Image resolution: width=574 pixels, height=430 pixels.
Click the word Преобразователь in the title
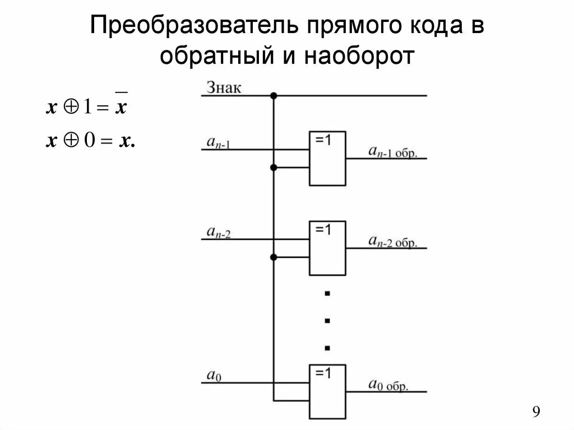pos(190,27)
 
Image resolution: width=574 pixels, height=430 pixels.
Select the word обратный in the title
pos(220,57)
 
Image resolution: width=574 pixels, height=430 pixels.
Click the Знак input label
pos(224,88)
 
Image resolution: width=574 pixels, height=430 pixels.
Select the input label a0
pos(214,377)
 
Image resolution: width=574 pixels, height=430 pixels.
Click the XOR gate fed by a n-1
pos(327,158)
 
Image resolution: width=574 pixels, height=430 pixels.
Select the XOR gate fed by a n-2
pos(327,247)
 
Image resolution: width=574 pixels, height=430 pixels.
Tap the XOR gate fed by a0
pos(327,391)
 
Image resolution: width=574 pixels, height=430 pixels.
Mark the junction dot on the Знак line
pos(274,96)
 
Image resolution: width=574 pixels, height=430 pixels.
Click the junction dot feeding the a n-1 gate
pos(274,168)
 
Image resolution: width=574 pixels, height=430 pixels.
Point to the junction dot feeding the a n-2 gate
pos(274,257)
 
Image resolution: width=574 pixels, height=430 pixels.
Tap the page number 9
pos(536,413)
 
